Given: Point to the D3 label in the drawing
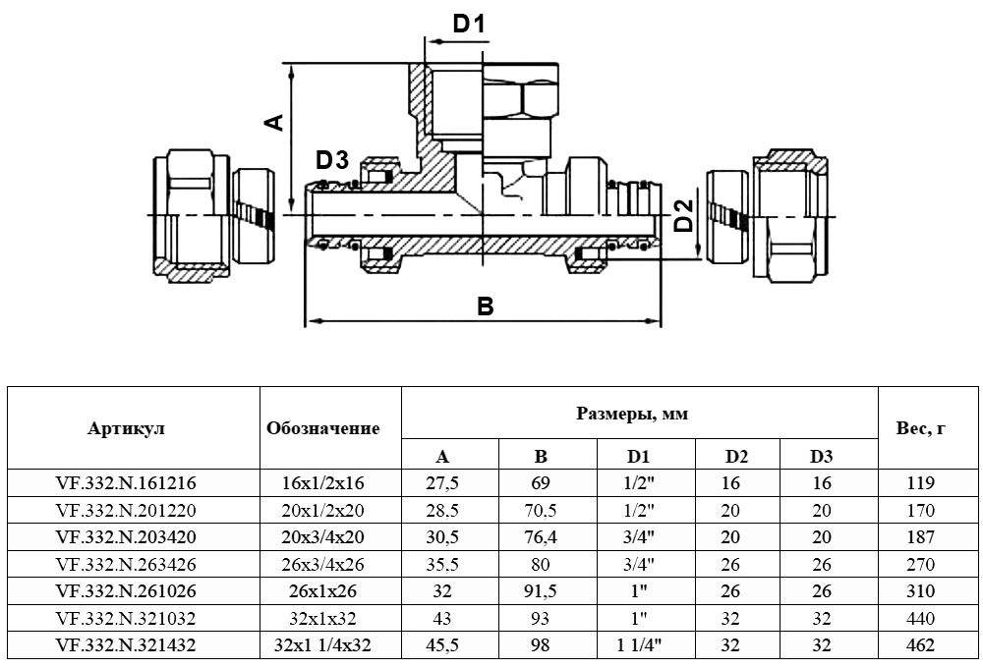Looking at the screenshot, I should click(332, 159).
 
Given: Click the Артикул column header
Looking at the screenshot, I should click(127, 428).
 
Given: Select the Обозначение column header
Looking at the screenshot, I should click(322, 428).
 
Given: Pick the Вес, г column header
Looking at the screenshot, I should click(921, 428).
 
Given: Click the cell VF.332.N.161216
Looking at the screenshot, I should click(127, 483).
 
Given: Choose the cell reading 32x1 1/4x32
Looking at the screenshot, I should click(322, 645).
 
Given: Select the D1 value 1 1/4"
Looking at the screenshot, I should click(640, 645).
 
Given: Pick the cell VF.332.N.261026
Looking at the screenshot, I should click(127, 591).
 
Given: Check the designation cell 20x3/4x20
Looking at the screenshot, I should click(322, 537).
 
